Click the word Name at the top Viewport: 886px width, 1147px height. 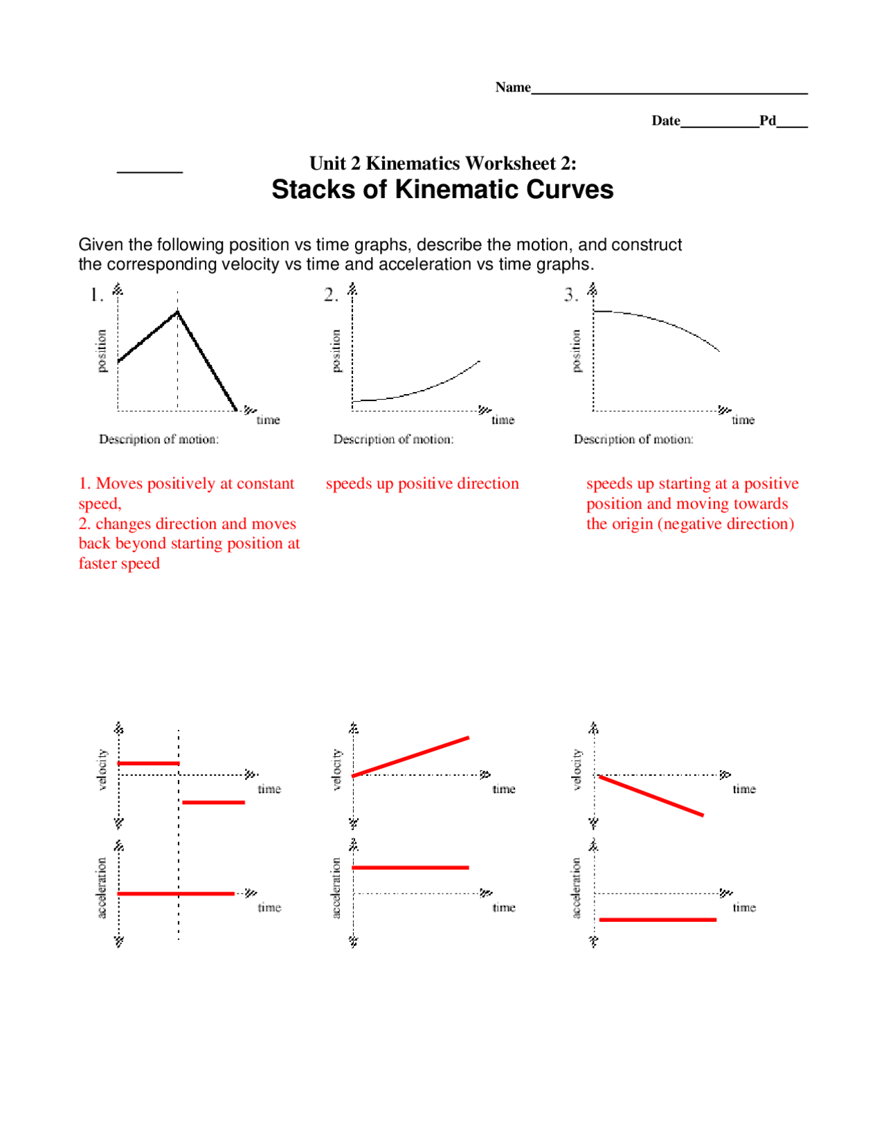[512, 87]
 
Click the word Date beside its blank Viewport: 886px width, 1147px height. [665, 121]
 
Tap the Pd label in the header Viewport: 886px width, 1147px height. [767, 121]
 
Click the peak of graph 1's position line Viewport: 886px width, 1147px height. [177, 312]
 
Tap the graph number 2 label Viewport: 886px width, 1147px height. [330, 295]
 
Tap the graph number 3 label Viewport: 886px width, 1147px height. [570, 295]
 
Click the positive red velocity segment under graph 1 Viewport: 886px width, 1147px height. [148, 763]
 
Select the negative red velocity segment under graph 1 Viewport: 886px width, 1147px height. [213, 802]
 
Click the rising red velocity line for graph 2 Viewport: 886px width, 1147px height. [410, 756]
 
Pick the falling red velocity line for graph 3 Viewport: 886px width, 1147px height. [651, 796]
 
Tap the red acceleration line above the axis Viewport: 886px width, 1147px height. [410, 867]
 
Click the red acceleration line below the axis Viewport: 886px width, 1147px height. [657, 920]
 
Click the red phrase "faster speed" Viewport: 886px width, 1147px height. [119, 564]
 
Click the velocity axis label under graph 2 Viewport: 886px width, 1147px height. [337, 770]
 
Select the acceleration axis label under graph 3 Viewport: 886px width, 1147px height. [577, 888]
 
